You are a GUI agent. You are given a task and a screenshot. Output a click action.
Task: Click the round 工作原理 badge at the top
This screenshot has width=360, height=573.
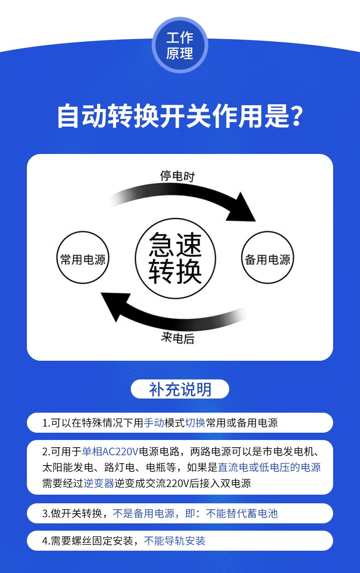point(180,46)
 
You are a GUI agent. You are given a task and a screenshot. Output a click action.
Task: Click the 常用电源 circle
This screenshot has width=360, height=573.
point(83,260)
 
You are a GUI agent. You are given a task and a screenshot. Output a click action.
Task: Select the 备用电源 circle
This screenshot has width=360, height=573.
point(267,260)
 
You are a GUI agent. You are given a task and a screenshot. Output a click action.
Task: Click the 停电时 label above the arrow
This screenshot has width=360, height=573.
point(177,176)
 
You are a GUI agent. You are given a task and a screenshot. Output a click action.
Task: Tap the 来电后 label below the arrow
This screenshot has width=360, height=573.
point(177,338)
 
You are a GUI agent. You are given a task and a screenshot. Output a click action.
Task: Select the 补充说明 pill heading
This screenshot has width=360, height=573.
point(180,389)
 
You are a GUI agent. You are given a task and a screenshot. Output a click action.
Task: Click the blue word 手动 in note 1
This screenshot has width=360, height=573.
point(154,423)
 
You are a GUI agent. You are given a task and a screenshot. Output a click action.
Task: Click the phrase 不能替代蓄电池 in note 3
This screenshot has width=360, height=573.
point(242,514)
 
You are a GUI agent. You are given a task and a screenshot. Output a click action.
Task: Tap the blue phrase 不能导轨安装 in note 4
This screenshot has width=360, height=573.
point(175,541)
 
